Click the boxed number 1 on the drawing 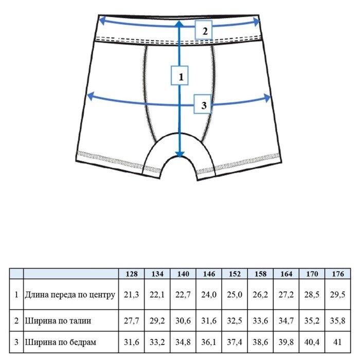pyautogui.click(x=180, y=77)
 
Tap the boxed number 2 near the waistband pyautogui.click(x=204, y=31)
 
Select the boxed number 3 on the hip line pyautogui.click(x=204, y=105)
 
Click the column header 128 pyautogui.click(x=132, y=274)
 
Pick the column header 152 pyautogui.click(x=235, y=274)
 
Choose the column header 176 pyautogui.click(x=337, y=274)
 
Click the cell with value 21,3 pyautogui.click(x=132, y=295)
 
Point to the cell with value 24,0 pyautogui.click(x=209, y=295)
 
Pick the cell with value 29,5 pyautogui.click(x=337, y=295)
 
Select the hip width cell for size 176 pyautogui.click(x=337, y=341)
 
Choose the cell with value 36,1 pyautogui.click(x=209, y=341)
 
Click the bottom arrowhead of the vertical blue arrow pyautogui.click(x=179, y=154)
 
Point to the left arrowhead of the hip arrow pyautogui.click(x=89, y=96)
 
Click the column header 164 pyautogui.click(x=286, y=274)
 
